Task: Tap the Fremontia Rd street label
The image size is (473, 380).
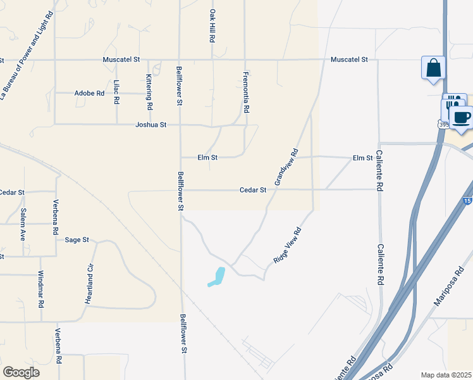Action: click(246, 91)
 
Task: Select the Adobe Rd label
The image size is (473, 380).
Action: click(89, 93)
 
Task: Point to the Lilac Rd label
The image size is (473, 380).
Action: click(117, 92)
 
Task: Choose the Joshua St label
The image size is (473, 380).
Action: click(150, 125)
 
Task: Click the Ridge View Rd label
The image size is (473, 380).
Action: click(288, 246)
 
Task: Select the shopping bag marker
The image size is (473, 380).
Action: click(434, 68)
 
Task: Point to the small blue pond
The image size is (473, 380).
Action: click(218, 277)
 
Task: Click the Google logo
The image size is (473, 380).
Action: click(21, 372)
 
